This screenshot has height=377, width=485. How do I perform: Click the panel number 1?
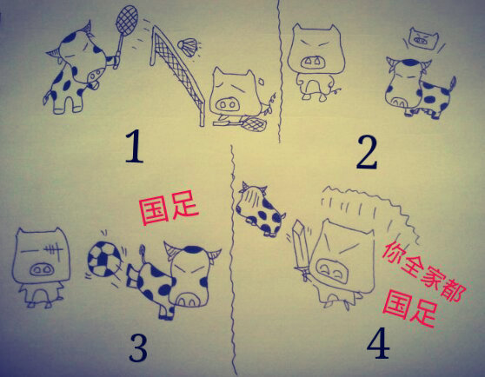tap(135, 146)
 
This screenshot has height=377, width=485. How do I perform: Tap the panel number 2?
tap(367, 153)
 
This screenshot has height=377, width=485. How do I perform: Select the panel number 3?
tap(138, 348)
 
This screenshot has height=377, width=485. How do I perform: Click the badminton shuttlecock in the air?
tap(188, 47)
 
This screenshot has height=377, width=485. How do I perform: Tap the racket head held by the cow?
tap(127, 20)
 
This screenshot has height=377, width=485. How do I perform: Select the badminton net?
tap(176, 74)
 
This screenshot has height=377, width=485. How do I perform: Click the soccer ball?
tap(103, 259)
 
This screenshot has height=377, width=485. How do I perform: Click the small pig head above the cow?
tap(424, 39)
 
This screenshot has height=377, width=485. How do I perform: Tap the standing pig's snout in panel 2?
tap(313, 63)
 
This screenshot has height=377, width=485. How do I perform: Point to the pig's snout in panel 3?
tap(42, 269)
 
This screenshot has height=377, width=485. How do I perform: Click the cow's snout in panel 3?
tap(189, 300)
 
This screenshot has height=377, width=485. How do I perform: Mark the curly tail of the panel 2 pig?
tap(335, 90)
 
